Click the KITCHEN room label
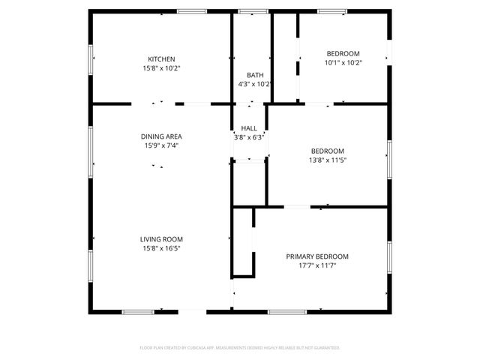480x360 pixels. (x=161, y=59)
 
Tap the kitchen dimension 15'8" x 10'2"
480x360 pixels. (x=161, y=68)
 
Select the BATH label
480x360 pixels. (x=255, y=75)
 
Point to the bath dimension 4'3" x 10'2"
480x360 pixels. (x=254, y=84)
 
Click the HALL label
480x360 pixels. (x=249, y=128)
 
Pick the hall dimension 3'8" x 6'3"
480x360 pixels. (x=249, y=137)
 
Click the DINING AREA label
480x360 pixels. (x=161, y=136)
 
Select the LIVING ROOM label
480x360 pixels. (x=162, y=239)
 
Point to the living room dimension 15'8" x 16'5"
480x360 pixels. (x=162, y=248)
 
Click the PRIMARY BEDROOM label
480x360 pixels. (x=317, y=256)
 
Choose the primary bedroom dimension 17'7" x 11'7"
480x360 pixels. (x=317, y=265)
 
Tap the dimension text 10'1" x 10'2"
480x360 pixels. (x=343, y=63)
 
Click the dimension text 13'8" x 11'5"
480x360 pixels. (x=328, y=160)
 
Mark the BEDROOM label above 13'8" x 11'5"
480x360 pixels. (x=328, y=151)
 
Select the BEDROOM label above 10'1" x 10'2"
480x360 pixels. (x=343, y=53)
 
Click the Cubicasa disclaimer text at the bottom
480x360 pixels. (x=240, y=348)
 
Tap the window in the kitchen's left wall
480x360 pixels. (x=91, y=59)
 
